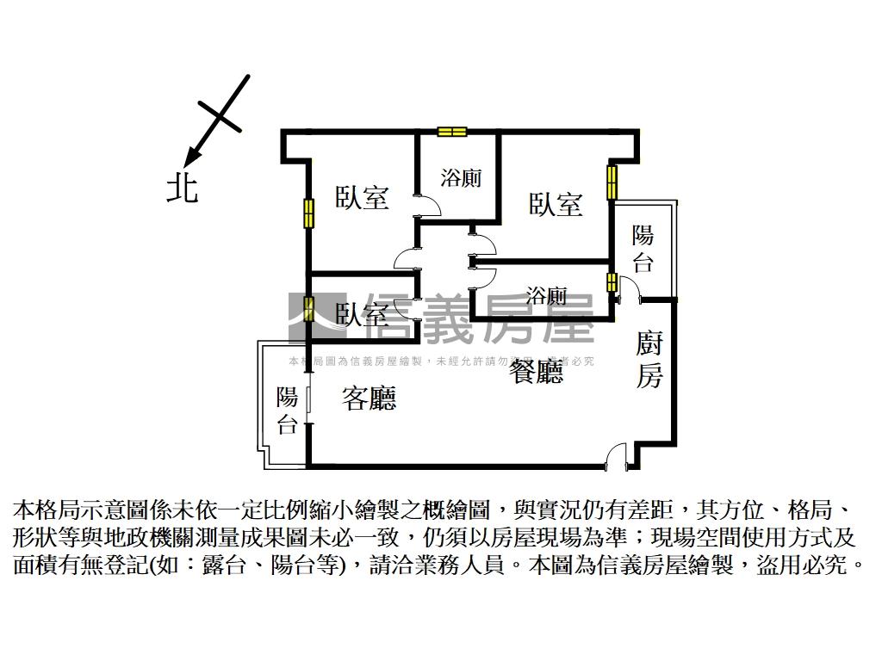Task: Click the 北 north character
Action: (182, 187)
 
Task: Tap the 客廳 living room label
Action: (369, 398)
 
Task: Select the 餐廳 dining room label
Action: (537, 372)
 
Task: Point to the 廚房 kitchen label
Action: (649, 360)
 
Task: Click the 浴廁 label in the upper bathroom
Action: (461, 178)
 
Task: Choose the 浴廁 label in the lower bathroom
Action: (546, 297)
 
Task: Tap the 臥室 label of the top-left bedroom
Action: (362, 198)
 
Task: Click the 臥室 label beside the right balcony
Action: (556, 204)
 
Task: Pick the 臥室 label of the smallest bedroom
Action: (361, 314)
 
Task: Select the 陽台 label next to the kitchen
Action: (643, 248)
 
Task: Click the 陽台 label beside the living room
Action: (287, 411)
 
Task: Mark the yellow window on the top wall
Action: (451, 132)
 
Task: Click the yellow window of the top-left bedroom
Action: (307, 213)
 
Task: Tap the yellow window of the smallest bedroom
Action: (307, 307)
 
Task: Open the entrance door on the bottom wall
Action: (617, 456)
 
